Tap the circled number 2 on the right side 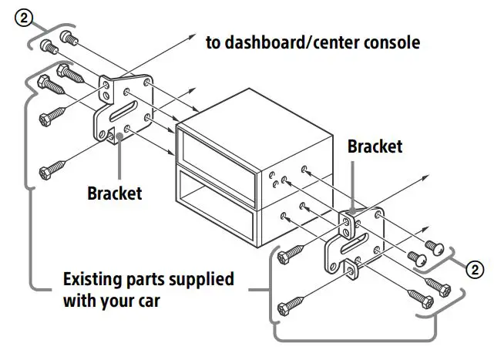[476, 269]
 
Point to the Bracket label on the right [375, 146]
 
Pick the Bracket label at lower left [114, 193]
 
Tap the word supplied [201, 278]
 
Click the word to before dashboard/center [213, 42]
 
